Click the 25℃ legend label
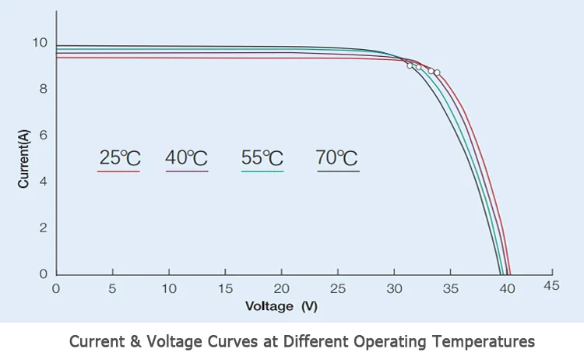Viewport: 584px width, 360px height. (x=118, y=157)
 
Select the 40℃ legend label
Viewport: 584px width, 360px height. (x=187, y=157)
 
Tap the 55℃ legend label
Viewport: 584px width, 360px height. (x=262, y=157)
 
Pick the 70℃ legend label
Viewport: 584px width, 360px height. (x=337, y=157)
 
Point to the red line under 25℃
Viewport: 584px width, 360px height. (x=118, y=171)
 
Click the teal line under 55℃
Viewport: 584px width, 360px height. (x=262, y=171)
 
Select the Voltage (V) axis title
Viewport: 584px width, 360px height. (x=281, y=306)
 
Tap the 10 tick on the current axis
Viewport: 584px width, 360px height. (x=40, y=43)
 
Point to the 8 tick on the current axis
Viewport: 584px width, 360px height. (x=44, y=89)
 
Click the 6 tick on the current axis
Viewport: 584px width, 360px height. (x=44, y=135)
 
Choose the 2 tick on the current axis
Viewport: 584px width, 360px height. (x=44, y=228)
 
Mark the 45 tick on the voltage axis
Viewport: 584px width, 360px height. (x=551, y=286)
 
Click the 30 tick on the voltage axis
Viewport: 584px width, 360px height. (x=395, y=288)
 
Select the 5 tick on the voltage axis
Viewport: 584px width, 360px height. (x=113, y=288)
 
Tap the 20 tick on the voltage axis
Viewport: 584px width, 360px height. (x=282, y=288)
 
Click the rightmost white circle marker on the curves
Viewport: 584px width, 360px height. (x=437, y=72)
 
